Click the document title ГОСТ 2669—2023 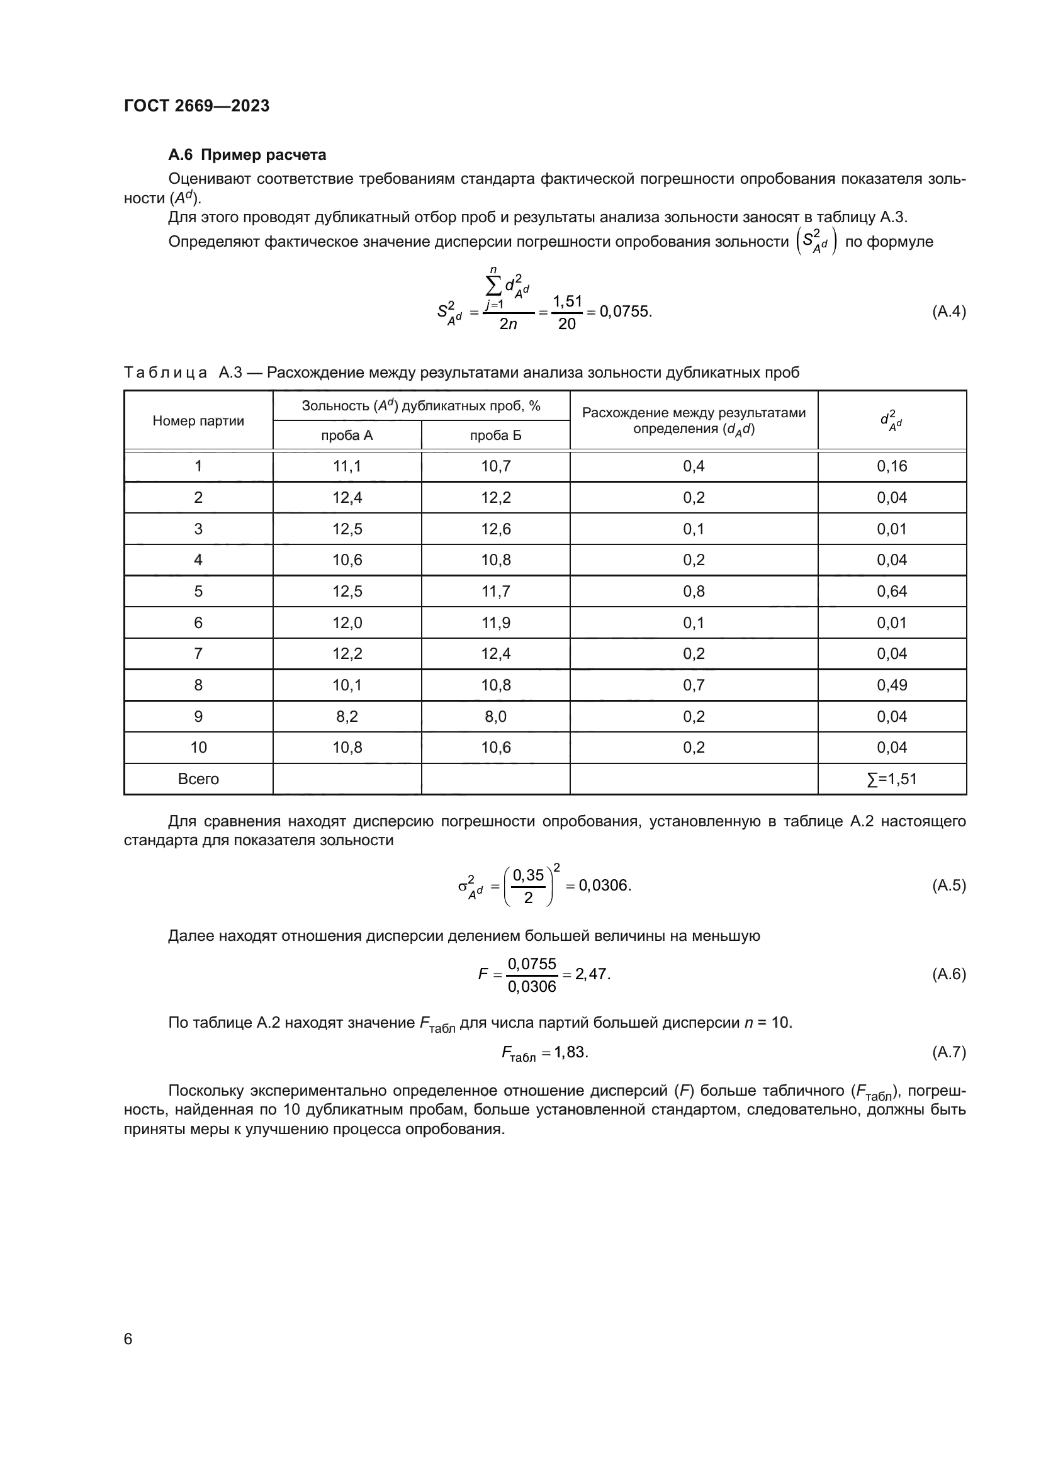click(x=197, y=106)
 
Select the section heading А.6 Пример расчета click(x=247, y=155)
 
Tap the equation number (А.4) click(x=948, y=312)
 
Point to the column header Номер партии click(x=198, y=421)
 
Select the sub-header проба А click(x=347, y=436)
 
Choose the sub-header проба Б click(x=495, y=436)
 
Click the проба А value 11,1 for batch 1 click(x=347, y=467)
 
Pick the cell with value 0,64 click(x=892, y=592)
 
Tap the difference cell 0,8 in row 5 click(x=694, y=592)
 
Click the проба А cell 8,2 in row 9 click(x=347, y=717)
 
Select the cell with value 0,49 click(x=892, y=685)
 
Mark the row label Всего click(x=198, y=779)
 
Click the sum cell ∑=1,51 click(x=892, y=779)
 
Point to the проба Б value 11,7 click(x=495, y=592)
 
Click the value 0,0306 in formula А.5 click(x=604, y=886)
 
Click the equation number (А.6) click(x=948, y=974)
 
